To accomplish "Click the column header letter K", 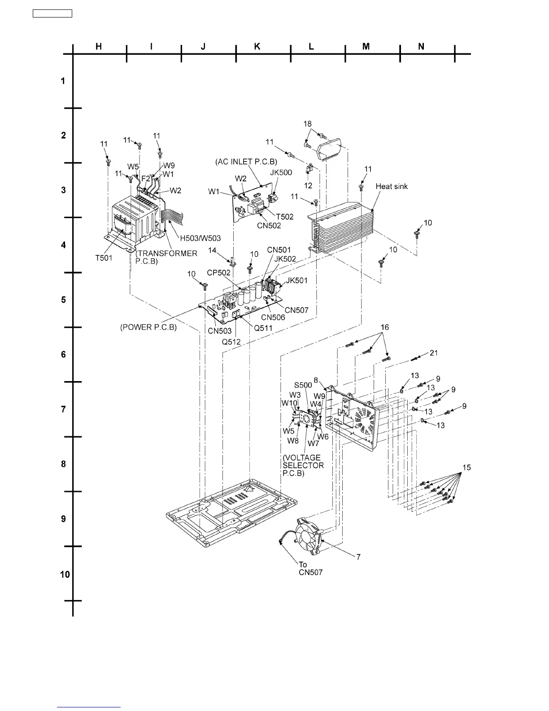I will [257, 46].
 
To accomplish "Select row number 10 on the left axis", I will [65, 574].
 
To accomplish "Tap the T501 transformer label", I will [104, 258].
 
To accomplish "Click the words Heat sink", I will [392, 186].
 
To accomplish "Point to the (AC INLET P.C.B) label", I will [246, 162].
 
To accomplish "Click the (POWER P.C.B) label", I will [148, 327].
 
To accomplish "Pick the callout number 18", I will [308, 124].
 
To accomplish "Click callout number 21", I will [434, 353].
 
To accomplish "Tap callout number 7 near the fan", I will [358, 557].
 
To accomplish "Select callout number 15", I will [466, 468].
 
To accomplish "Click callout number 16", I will [384, 328].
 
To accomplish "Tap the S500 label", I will [303, 385].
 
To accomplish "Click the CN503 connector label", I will [219, 331].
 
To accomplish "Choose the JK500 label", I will [281, 173].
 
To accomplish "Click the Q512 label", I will [231, 342].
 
